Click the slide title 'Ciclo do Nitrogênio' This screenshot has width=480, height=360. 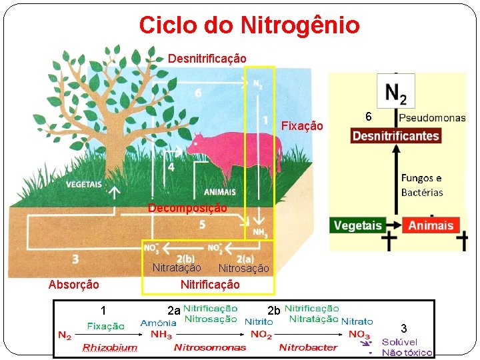[249, 25]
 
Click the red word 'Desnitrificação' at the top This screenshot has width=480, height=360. [207, 59]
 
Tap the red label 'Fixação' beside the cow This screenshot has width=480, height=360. [302, 126]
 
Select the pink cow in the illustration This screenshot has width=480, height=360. [233, 151]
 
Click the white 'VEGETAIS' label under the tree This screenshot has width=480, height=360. [85, 185]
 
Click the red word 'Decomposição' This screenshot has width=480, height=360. [187, 208]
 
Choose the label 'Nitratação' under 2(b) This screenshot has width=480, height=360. [177, 267]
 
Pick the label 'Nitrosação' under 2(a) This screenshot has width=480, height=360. [244, 268]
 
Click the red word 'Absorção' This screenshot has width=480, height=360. [74, 285]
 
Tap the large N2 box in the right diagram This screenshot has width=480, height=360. [395, 91]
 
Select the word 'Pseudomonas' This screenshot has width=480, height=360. [433, 118]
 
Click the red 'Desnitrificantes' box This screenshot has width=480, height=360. [396, 136]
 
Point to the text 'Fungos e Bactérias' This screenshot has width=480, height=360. [421, 185]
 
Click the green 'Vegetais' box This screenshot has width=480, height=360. [359, 225]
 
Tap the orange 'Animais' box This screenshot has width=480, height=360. [431, 225]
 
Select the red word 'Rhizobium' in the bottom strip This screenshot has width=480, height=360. [109, 347]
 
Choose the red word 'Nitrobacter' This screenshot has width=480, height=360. [308, 347]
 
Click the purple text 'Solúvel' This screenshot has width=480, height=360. [399, 343]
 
